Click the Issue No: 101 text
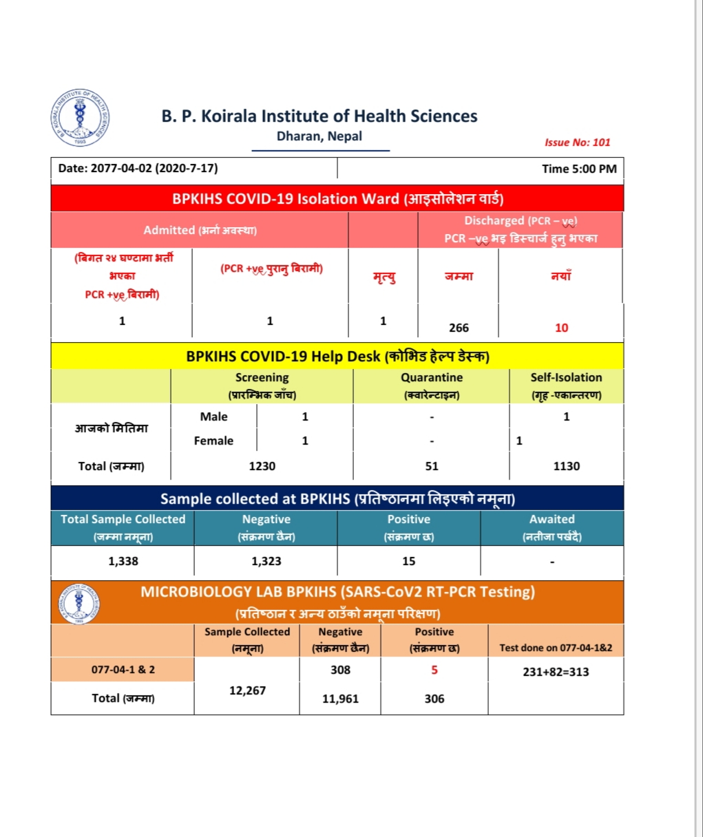pos(577,142)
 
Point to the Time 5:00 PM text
pos(579,169)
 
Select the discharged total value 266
pos(459,328)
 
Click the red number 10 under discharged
pos(561,328)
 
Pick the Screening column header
pos(262,378)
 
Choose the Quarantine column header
pos(432,378)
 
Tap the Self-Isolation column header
pos(566,378)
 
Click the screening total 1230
pos(262,466)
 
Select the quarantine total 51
pos(432,466)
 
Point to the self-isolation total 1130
pos(566,466)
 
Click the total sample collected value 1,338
pos(123,561)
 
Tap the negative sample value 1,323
pos(266,561)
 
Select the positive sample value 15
pos(409,561)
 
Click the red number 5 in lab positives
pos(434,670)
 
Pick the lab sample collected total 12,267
pos(247,690)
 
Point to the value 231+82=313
pos(556,672)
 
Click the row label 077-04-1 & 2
pos(123,669)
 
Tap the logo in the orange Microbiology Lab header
pos(79,604)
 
